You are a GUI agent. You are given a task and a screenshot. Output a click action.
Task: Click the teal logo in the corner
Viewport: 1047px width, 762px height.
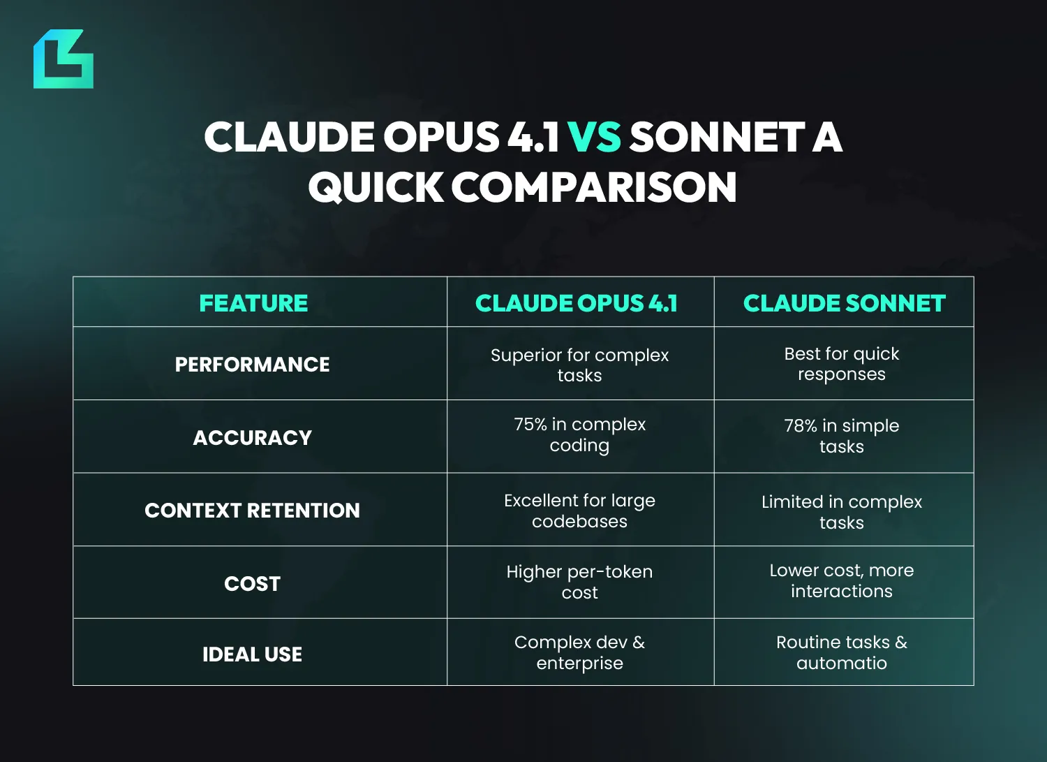(x=63, y=59)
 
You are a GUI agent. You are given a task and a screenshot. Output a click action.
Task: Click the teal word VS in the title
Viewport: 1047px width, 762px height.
(x=595, y=137)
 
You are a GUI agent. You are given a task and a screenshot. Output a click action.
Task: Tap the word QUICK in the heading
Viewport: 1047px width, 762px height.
(x=376, y=186)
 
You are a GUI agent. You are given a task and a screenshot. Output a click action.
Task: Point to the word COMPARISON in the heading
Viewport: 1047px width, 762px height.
(x=594, y=186)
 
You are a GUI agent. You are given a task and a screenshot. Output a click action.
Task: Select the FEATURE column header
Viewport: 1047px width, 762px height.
(x=253, y=303)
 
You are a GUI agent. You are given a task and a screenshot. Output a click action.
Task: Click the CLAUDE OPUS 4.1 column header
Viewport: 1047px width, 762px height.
(x=577, y=303)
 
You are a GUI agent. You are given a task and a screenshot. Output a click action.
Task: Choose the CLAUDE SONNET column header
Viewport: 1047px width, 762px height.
(x=844, y=303)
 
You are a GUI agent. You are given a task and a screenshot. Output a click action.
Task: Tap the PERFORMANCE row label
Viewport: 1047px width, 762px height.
(x=253, y=365)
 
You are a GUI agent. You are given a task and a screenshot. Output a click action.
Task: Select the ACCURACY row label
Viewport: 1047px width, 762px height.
(x=253, y=438)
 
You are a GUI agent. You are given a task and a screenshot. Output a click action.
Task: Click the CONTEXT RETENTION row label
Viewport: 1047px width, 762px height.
(x=253, y=511)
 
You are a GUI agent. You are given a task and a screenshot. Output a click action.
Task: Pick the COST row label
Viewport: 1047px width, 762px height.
(x=253, y=584)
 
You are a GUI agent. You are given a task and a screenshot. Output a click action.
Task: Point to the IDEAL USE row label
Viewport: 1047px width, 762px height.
(x=253, y=654)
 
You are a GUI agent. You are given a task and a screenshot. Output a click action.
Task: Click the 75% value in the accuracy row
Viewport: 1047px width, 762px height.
(x=530, y=424)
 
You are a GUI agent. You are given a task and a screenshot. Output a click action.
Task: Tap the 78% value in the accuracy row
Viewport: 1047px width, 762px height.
(x=801, y=425)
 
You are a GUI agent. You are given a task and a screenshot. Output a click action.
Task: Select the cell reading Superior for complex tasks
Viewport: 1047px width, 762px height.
(x=579, y=365)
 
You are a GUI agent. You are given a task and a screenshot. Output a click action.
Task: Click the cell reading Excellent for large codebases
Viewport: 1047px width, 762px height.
(x=579, y=511)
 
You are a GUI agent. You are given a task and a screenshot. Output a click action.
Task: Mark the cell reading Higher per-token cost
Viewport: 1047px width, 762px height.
(x=579, y=582)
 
